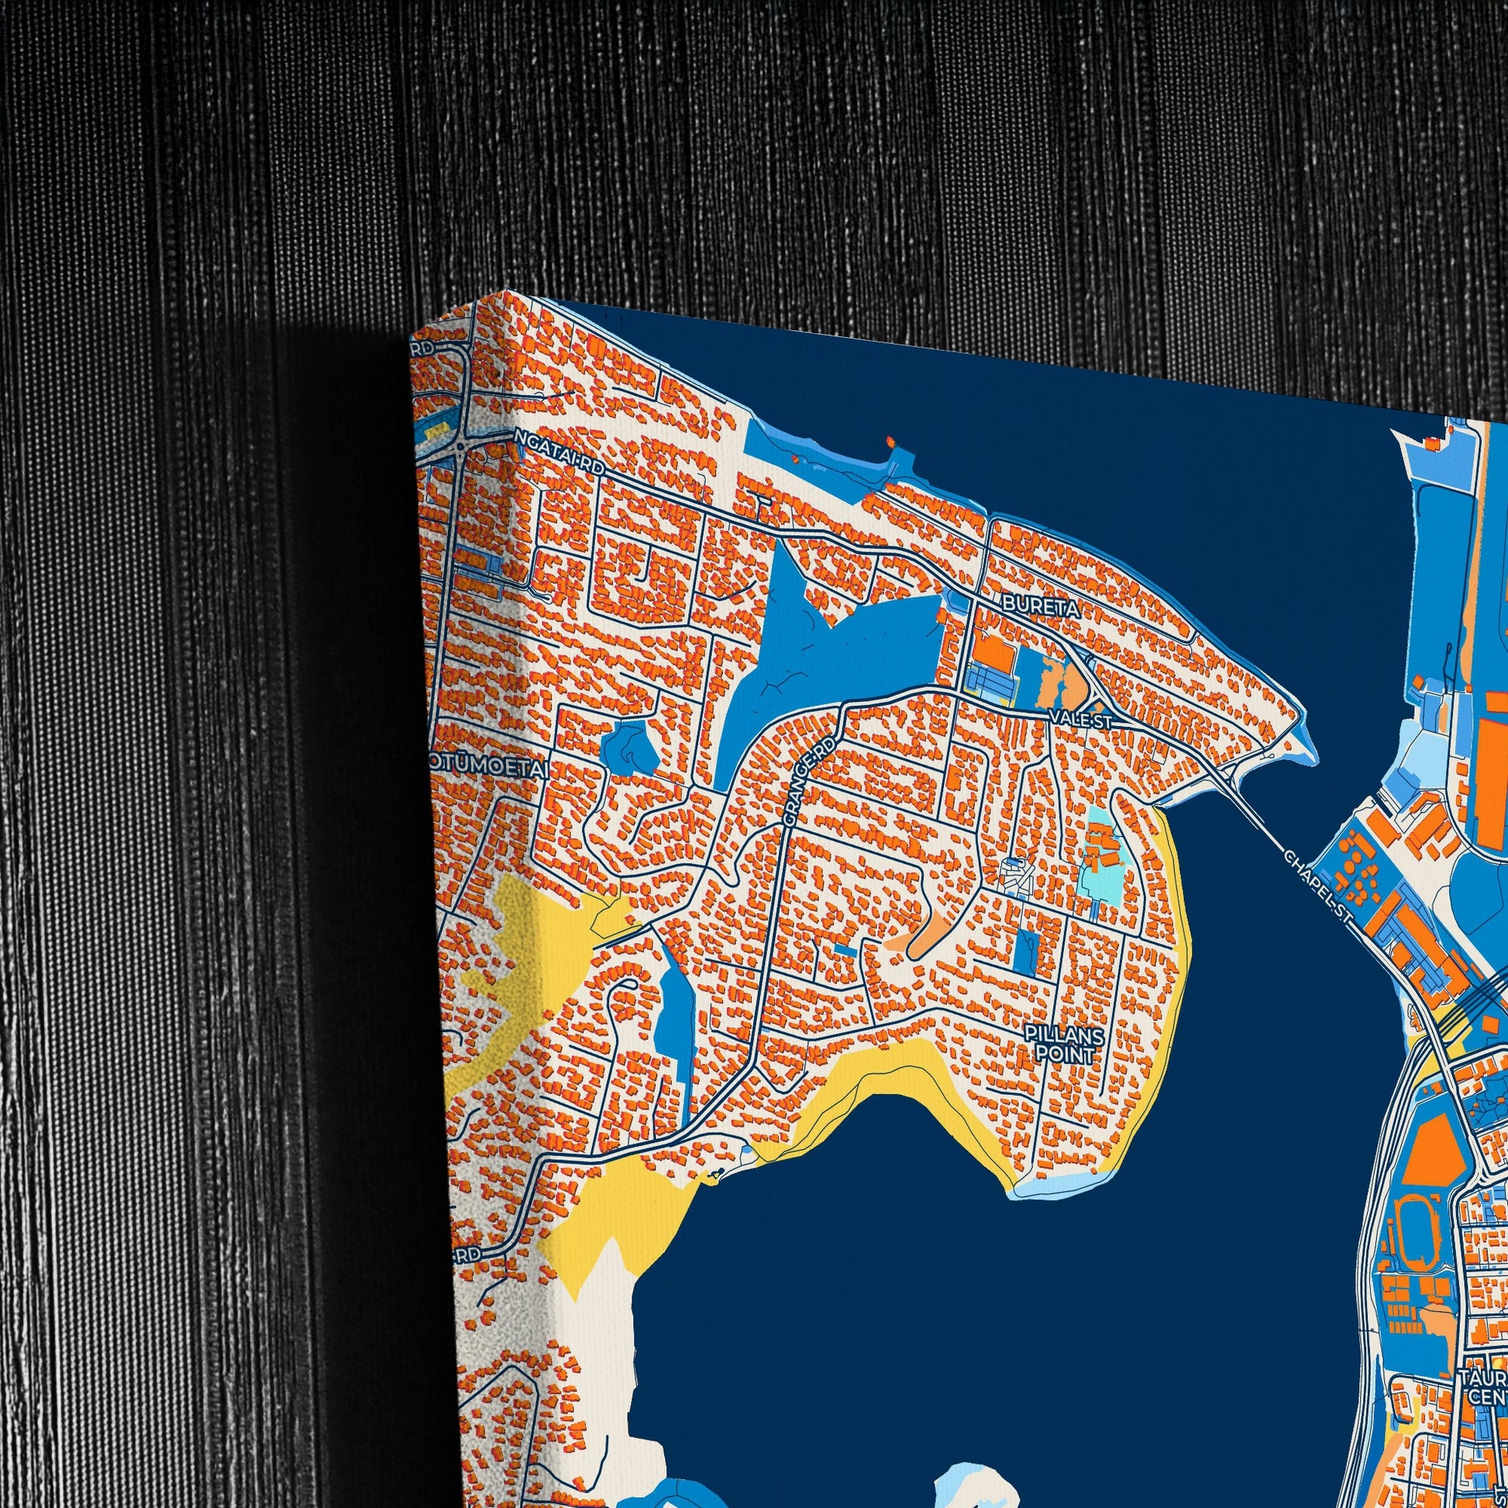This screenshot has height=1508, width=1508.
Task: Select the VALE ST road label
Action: coord(1080,719)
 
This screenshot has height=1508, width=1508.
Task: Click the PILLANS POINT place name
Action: coord(1066,1045)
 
